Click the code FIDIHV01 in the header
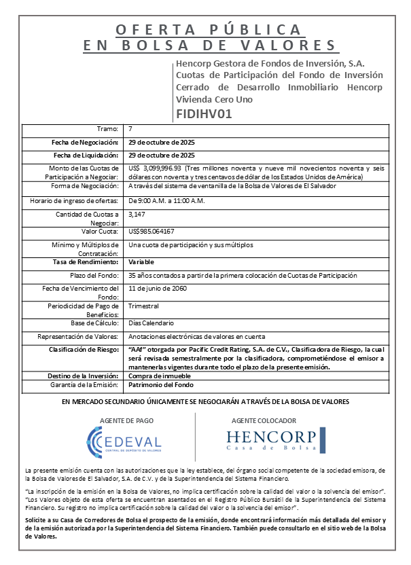(204, 113)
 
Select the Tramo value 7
(130, 128)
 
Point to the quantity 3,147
(137, 214)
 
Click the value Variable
(141, 261)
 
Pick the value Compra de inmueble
(160, 376)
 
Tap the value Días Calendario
(151, 323)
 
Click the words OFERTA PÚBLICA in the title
(209, 30)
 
